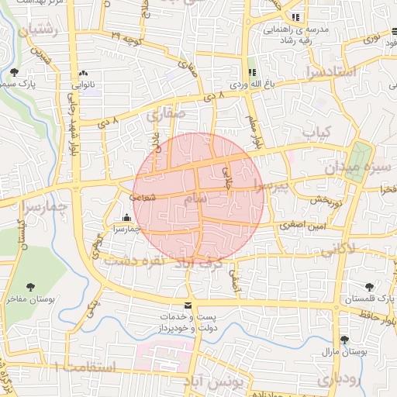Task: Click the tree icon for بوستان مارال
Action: [x=344, y=340]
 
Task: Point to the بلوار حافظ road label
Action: [x=377, y=314]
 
